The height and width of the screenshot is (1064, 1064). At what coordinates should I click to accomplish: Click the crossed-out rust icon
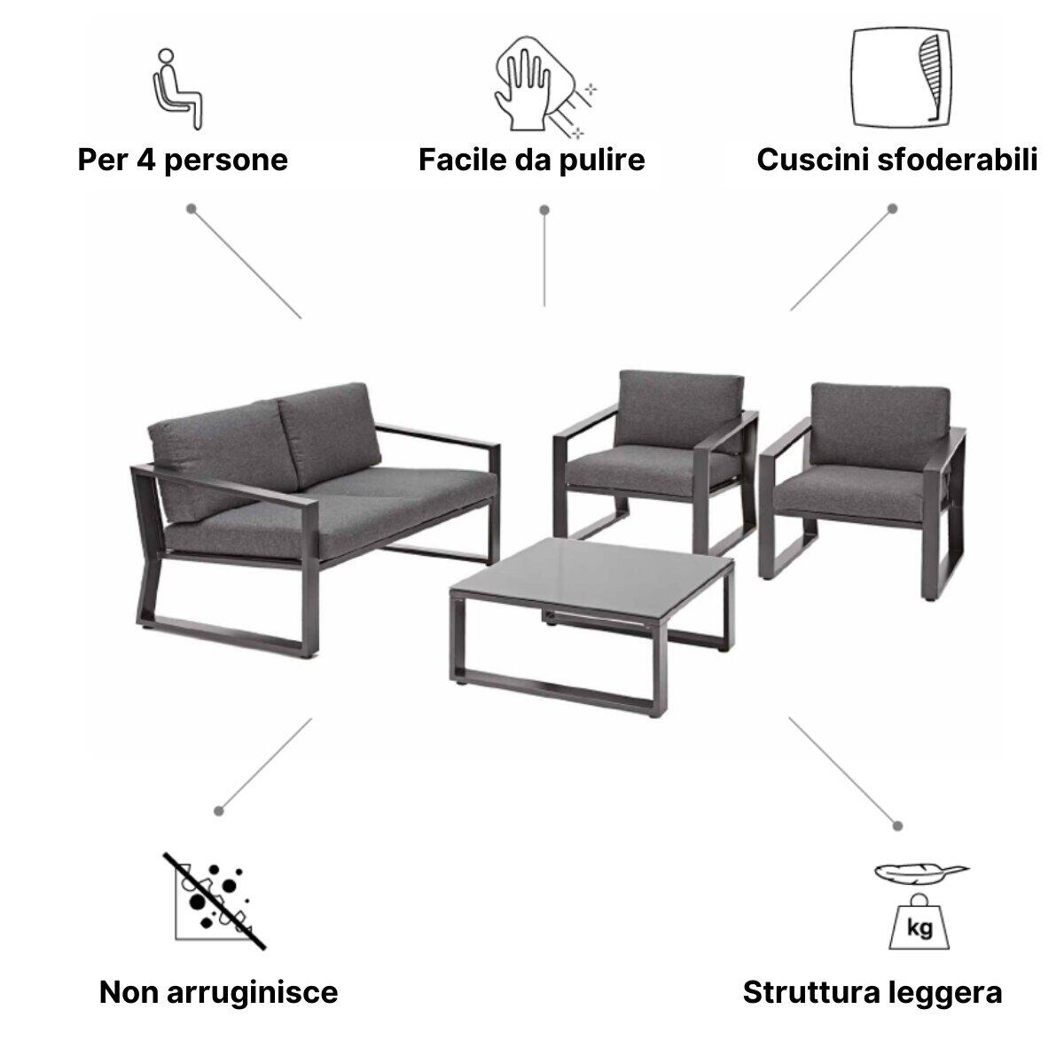(x=213, y=899)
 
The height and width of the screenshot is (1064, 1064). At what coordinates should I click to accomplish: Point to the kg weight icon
(x=919, y=923)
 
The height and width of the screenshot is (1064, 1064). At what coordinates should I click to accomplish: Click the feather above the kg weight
(x=920, y=872)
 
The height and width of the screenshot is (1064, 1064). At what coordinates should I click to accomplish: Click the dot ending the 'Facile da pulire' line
(x=544, y=210)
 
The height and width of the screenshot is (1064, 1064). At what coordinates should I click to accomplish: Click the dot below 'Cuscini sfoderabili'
(x=893, y=209)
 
